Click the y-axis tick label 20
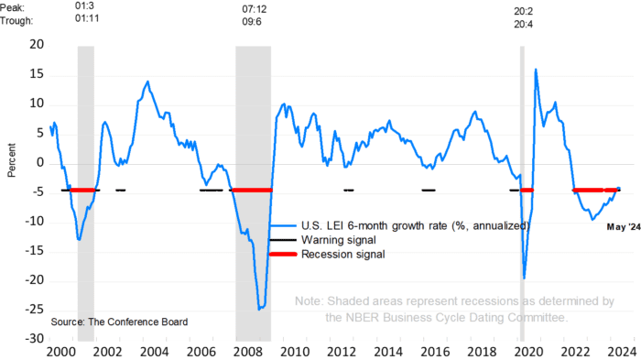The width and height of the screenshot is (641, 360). [x=37, y=44]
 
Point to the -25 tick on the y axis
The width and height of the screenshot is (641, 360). [x=34, y=310]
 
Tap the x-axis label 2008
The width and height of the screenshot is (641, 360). [x=247, y=352]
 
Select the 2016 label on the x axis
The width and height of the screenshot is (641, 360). [x=435, y=352]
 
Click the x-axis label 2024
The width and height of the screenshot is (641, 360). [x=622, y=352]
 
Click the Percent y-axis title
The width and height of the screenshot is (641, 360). [x=11, y=160]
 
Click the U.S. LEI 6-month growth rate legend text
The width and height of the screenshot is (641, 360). [x=416, y=226]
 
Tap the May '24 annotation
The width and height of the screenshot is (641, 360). [x=624, y=226]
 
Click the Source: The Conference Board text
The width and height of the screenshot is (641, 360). [x=119, y=322]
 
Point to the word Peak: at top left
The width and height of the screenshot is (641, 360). [x=12, y=7]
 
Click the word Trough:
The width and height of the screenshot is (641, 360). [x=16, y=20]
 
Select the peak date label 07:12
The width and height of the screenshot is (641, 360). [x=255, y=9]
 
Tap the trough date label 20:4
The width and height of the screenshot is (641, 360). [x=523, y=24]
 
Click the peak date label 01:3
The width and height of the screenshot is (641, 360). [x=84, y=5]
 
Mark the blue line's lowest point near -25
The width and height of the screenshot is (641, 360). [x=259, y=310]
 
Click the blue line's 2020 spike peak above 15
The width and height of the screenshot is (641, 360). [x=536, y=70]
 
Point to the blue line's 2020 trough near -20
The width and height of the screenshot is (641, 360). [x=524, y=278]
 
